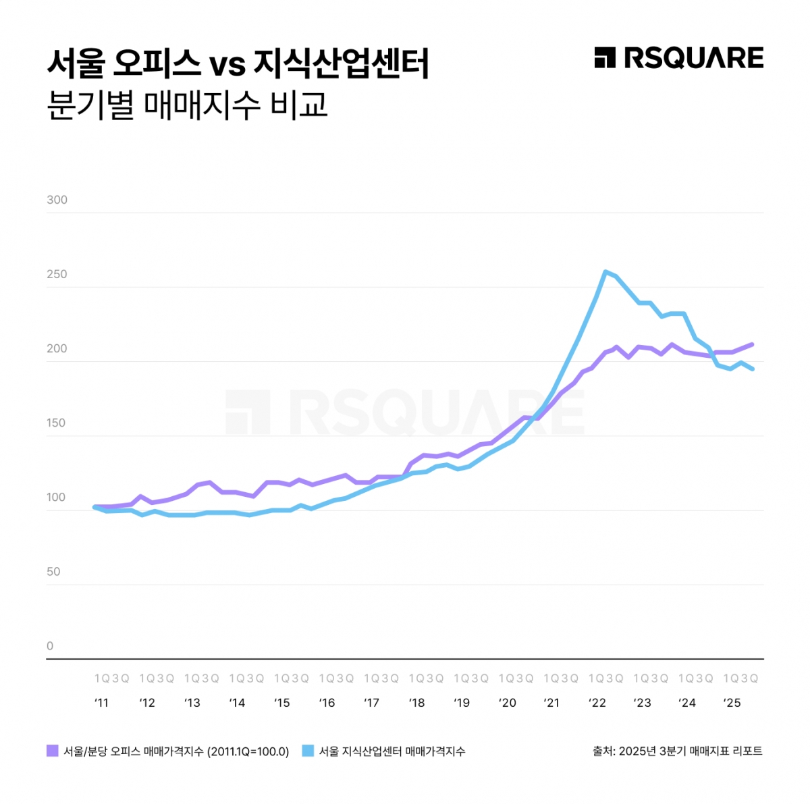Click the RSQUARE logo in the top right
click(x=678, y=58)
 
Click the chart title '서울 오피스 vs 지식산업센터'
click(x=238, y=63)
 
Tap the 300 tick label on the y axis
click(x=57, y=200)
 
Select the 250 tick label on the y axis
click(x=57, y=274)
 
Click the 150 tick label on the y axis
click(x=57, y=423)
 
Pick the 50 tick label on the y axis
click(x=53, y=572)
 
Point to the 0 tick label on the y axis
click(x=50, y=646)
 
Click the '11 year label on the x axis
click(x=101, y=703)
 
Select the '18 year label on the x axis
click(x=416, y=703)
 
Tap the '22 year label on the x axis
click(x=597, y=703)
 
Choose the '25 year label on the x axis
click(x=732, y=703)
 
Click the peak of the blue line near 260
click(x=605, y=272)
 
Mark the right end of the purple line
click(x=752, y=344)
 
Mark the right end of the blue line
click(x=752, y=369)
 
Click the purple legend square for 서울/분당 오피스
click(x=53, y=751)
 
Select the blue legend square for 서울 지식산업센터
click(x=308, y=751)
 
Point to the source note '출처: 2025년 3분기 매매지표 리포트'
click(x=677, y=751)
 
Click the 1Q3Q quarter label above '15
click(x=291, y=678)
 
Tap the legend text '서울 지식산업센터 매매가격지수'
click(x=392, y=751)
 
